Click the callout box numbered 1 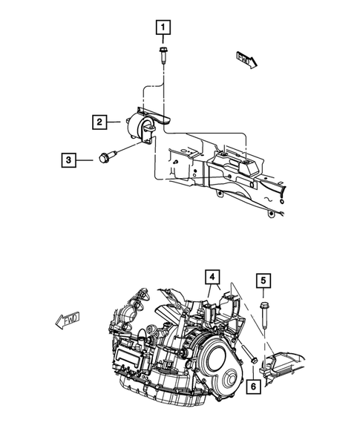[161, 29]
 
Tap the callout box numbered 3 [68, 159]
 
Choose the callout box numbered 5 [264, 280]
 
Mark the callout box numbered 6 [254, 385]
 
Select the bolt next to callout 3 [103, 157]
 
